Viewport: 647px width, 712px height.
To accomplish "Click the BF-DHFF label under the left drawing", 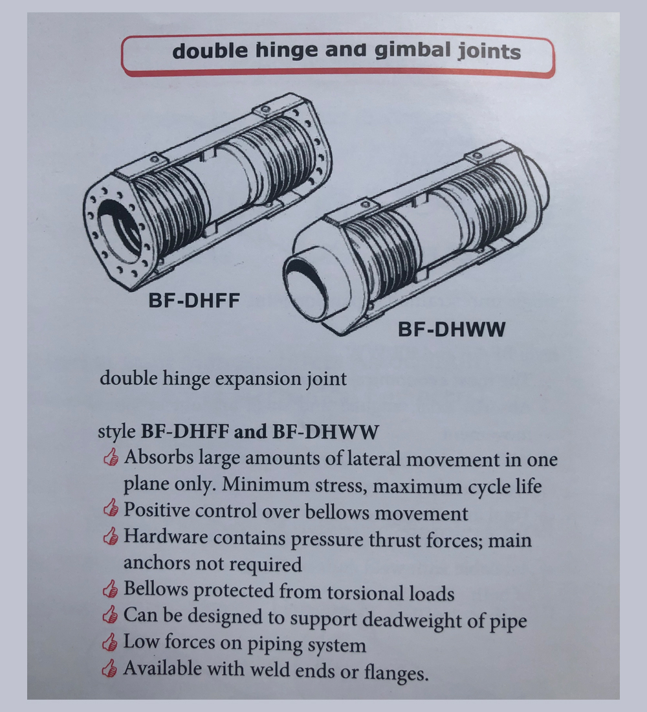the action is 194,300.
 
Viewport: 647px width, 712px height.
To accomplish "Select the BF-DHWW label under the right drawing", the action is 452,329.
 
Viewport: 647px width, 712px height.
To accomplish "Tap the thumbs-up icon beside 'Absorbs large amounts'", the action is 111,457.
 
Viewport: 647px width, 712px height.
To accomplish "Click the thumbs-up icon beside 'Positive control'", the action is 111,508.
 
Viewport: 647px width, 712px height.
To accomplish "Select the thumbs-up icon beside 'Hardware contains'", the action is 111,536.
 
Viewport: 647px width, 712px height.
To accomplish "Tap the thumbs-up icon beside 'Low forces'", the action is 110,642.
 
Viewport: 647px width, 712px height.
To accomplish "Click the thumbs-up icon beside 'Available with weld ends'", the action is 109,669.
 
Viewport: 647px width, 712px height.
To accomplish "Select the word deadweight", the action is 413,620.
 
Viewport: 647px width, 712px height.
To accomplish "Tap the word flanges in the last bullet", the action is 396,672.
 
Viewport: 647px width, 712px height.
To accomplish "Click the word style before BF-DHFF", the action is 116,432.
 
